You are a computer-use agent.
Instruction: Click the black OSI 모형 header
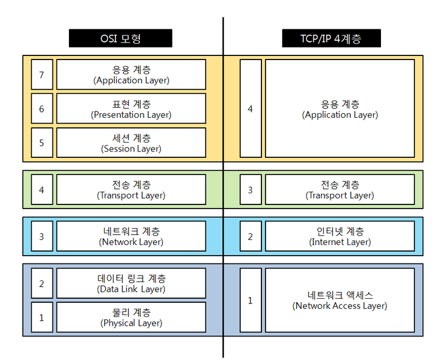(121, 38)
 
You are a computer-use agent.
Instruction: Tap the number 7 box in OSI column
(42, 74)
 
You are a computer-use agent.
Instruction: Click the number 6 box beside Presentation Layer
(42, 108)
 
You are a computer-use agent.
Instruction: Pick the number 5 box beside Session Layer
(42, 143)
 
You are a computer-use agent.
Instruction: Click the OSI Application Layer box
(131, 74)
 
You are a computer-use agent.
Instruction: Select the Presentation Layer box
(131, 108)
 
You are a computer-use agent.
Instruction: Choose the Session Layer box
(131, 143)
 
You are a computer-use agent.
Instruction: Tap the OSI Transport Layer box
(131, 190)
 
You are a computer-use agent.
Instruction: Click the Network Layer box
(131, 236)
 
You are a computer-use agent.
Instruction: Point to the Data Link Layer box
(131, 283)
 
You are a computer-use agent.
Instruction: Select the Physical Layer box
(131, 317)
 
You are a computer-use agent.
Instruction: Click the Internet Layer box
(340, 236)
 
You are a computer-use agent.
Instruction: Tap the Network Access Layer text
(340, 300)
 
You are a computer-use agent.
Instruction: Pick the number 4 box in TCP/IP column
(251, 108)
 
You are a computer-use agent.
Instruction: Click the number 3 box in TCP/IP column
(251, 190)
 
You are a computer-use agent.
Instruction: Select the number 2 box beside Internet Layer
(251, 236)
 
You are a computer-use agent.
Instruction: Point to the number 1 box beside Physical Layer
(42, 317)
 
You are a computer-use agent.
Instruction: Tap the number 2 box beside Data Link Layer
(42, 283)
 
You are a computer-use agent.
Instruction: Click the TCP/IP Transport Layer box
(340, 190)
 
